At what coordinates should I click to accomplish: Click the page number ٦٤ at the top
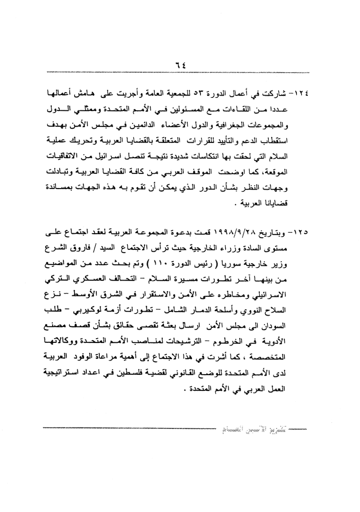pyautogui.click(x=180, y=65)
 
